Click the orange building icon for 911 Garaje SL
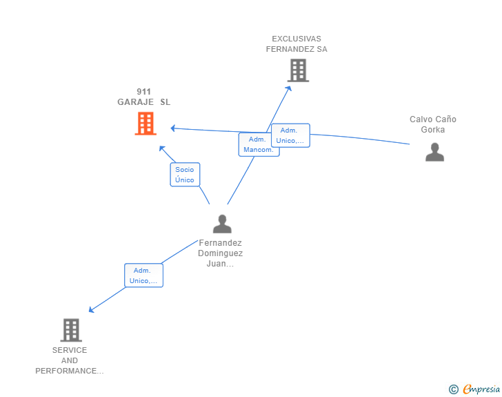point(145,123)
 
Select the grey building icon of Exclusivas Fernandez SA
point(298,70)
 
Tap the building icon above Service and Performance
point(71,330)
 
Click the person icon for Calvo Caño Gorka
point(434,152)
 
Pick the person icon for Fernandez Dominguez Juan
point(222,224)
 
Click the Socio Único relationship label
point(185,175)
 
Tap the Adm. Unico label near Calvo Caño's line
point(291,135)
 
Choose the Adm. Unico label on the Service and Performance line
point(143,275)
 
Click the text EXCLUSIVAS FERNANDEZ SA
point(297,44)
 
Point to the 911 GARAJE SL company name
point(143,97)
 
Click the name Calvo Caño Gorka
point(433,124)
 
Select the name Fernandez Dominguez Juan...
point(220,253)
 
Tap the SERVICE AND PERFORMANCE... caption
point(70,360)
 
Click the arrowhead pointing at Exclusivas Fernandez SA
point(289,88)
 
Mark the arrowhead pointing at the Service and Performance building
point(91,309)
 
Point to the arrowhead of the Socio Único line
point(162,148)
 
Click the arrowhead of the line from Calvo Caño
point(173,128)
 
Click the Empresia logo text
point(481,389)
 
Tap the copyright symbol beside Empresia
point(454,389)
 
